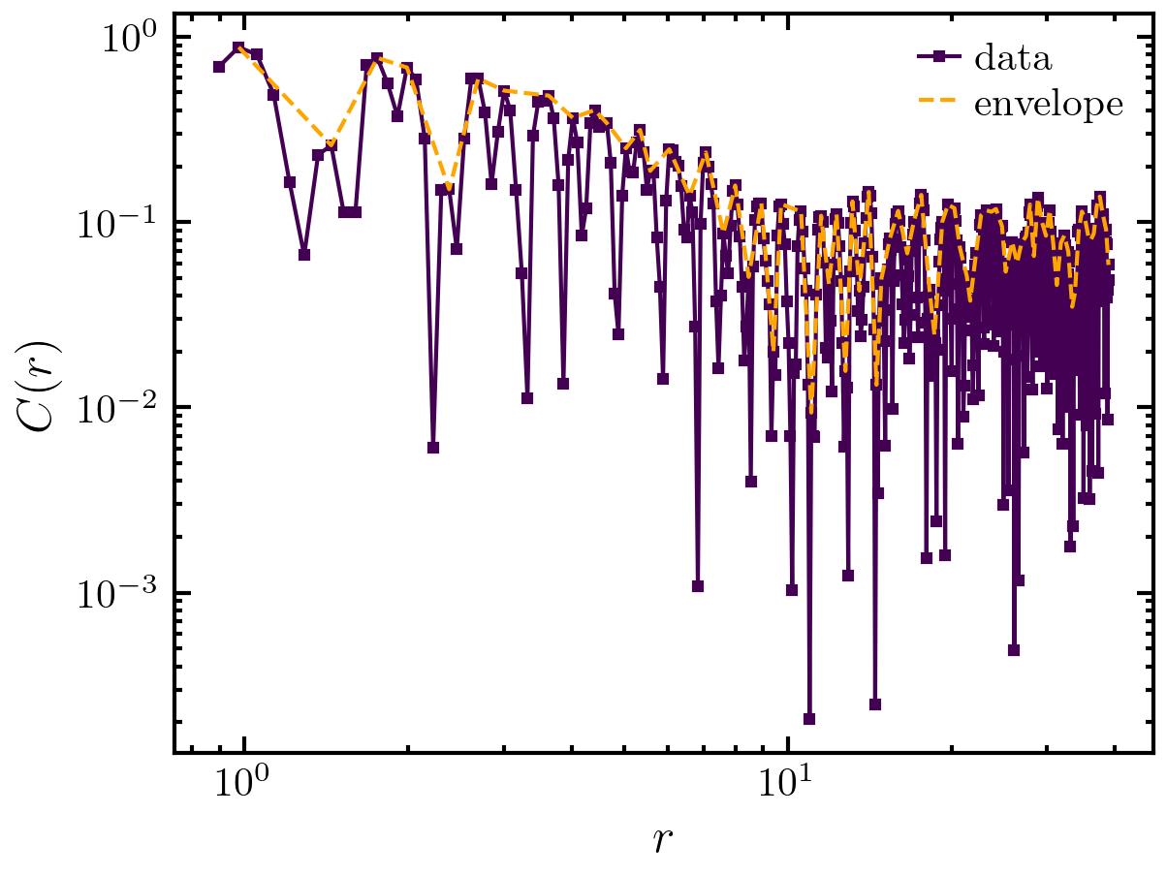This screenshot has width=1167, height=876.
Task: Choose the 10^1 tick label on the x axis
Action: tap(789, 783)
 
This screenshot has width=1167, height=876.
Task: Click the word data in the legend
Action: tap(1013, 58)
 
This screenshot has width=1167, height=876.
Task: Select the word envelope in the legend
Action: tap(1049, 105)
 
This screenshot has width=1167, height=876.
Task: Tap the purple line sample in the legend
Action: tap(939, 58)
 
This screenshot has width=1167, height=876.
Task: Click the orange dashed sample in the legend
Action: tap(939, 105)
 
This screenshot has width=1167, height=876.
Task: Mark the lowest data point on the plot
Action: tap(809, 719)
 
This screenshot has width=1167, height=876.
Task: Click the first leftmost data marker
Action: tap(219, 67)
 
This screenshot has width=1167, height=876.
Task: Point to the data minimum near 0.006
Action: tap(433, 448)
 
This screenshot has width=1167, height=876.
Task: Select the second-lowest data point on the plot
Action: tap(875, 704)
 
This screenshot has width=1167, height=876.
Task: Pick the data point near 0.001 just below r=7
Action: tap(698, 586)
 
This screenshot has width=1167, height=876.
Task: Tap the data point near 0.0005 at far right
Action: tap(1014, 650)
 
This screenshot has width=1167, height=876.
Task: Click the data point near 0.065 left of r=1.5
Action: tap(304, 255)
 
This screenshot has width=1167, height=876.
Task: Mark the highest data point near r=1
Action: tap(239, 47)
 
